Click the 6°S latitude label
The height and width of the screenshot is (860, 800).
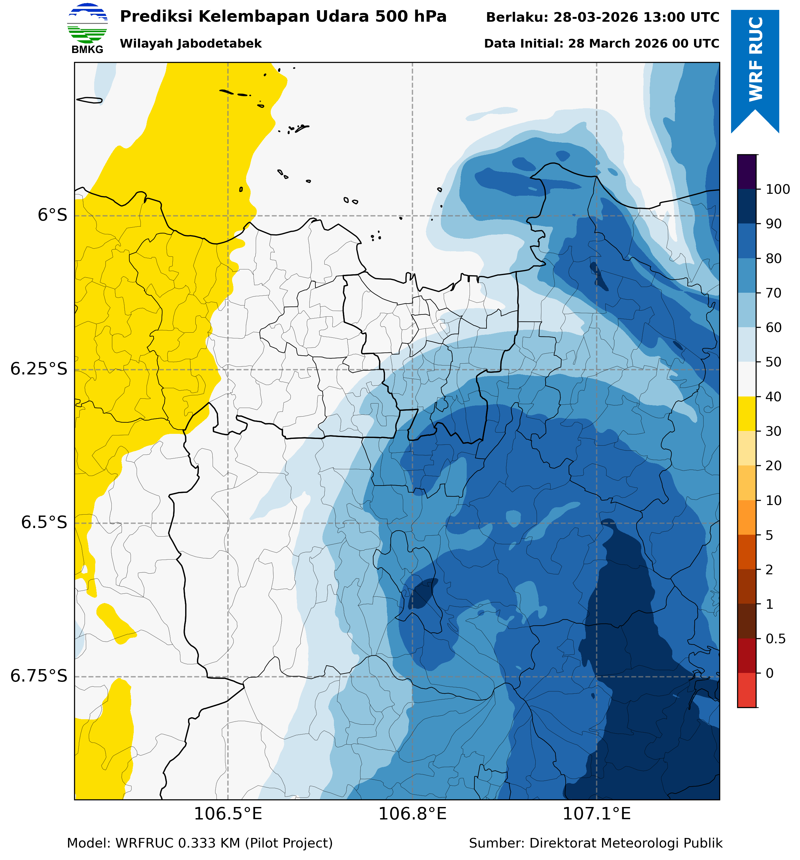[x=52, y=215]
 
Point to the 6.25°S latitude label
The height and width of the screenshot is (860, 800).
[x=39, y=369]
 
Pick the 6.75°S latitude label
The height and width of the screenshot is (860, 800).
[x=39, y=676]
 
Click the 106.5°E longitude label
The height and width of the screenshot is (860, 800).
[x=228, y=814]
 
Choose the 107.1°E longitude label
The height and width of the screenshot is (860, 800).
[x=596, y=814]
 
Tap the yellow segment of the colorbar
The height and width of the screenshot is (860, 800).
[x=747, y=414]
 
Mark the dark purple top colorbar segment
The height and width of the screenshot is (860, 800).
[x=747, y=172]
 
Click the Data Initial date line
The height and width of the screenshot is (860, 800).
[x=601, y=44]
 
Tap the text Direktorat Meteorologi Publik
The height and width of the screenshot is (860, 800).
[x=626, y=843]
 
